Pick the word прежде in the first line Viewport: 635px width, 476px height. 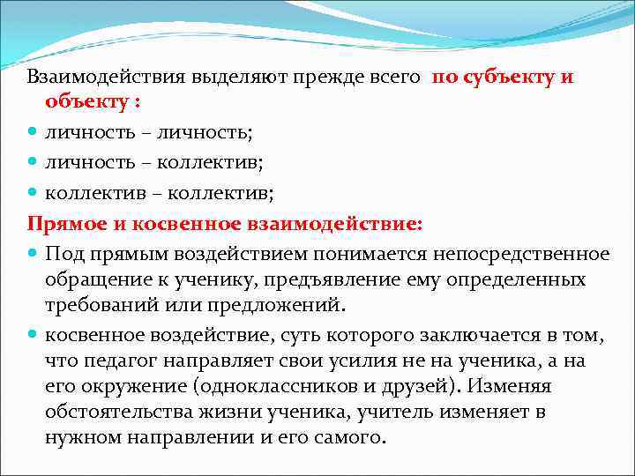[x=338, y=77]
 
